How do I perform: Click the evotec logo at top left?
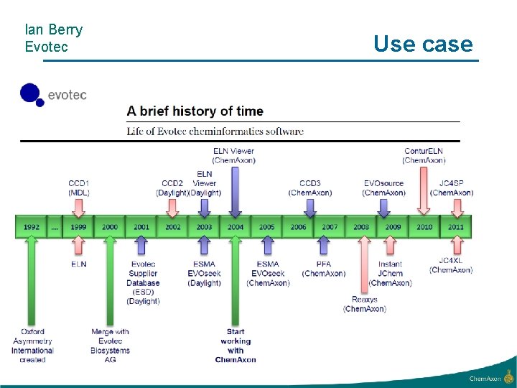point(53,95)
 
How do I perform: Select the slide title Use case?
point(423,44)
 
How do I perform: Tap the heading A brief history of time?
point(195,111)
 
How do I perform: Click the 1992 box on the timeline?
point(31,227)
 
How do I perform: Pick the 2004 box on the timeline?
point(236,227)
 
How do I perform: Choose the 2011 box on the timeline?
point(455,227)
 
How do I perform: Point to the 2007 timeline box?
point(330,227)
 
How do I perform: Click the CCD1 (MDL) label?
point(79,188)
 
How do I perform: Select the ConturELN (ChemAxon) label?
point(424,155)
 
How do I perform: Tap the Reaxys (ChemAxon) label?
point(365,304)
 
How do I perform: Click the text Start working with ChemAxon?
point(236,346)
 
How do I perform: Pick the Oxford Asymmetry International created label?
point(32,346)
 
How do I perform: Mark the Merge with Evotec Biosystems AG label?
point(110,346)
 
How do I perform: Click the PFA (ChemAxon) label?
point(324,269)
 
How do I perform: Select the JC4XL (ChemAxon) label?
point(451,265)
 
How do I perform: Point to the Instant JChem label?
point(391,273)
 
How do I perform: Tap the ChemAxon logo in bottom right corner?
point(491,377)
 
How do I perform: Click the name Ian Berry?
point(53,30)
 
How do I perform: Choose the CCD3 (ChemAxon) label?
point(310,188)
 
